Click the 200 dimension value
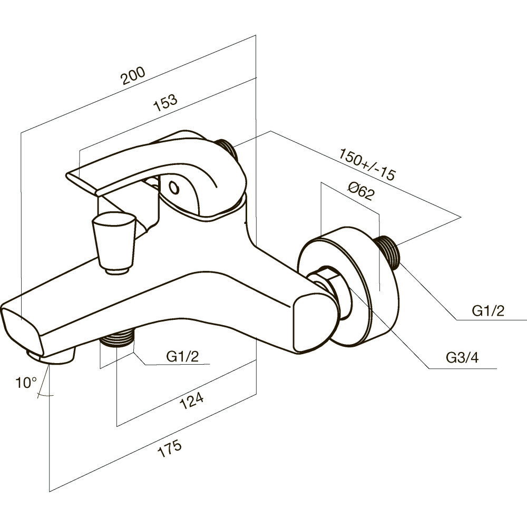[x=133, y=76]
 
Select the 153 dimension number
[x=165, y=103]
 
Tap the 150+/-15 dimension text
[x=367, y=164]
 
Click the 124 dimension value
[x=192, y=401]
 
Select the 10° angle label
[x=26, y=382]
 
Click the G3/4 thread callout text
[x=462, y=358]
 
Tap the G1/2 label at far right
[x=489, y=311]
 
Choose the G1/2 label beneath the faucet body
[x=182, y=356]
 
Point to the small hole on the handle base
[x=174, y=188]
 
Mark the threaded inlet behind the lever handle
[x=228, y=149]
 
